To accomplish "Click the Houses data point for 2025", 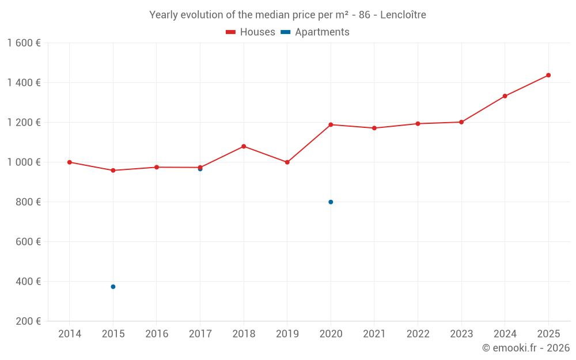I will [548, 75].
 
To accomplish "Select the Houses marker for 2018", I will [244, 146].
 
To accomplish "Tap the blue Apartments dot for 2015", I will [113, 286].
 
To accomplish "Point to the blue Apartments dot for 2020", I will [331, 202].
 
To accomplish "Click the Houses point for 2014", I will [70, 162].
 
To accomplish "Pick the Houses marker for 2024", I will [505, 96].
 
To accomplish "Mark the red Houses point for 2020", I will [331, 124].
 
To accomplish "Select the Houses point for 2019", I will [287, 162].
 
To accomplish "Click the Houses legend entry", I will [251, 32].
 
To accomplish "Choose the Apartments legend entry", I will [315, 32].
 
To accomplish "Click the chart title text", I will [287, 15].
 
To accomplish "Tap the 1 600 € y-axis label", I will [24, 43].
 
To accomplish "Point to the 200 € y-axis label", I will [28, 321].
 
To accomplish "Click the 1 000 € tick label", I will [24, 162].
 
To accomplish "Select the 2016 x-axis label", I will [157, 334].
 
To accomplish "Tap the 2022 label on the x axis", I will [418, 334].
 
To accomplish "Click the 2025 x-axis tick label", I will [548, 334].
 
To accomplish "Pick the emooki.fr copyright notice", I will [525, 348].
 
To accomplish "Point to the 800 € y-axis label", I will [28, 202].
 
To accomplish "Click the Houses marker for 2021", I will [374, 128].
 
